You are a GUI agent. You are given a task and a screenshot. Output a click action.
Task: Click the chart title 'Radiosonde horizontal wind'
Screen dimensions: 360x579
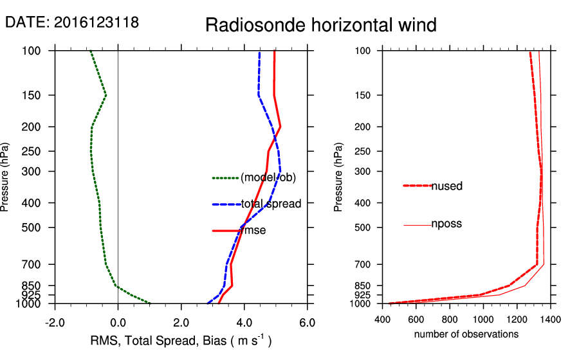pyautogui.click(x=321, y=25)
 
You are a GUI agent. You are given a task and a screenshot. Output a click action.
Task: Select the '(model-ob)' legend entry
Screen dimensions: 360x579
pyautogui.click(x=268, y=178)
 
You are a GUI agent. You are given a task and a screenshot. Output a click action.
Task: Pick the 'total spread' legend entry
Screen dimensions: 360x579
pyautogui.click(x=271, y=204)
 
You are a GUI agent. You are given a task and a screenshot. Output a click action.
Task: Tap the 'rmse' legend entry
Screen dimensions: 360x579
pyautogui.click(x=254, y=230)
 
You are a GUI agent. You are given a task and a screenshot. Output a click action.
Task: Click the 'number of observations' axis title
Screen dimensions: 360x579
pyautogui.click(x=466, y=334)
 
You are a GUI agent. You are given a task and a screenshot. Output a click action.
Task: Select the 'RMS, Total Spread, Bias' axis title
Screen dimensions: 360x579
pyautogui.click(x=180, y=341)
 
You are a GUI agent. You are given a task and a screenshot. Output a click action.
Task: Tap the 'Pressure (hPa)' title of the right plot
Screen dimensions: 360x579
pyautogui.click(x=338, y=177)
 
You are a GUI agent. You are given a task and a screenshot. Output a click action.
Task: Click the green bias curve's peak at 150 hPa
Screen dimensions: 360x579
pyautogui.click(x=106, y=95)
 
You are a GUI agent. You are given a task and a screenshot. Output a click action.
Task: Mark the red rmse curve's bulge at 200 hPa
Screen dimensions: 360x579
pyautogui.click(x=280, y=127)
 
